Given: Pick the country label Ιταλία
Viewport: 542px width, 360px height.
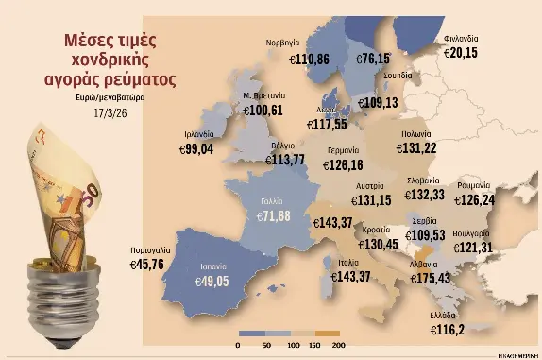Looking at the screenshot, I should (347, 262).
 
